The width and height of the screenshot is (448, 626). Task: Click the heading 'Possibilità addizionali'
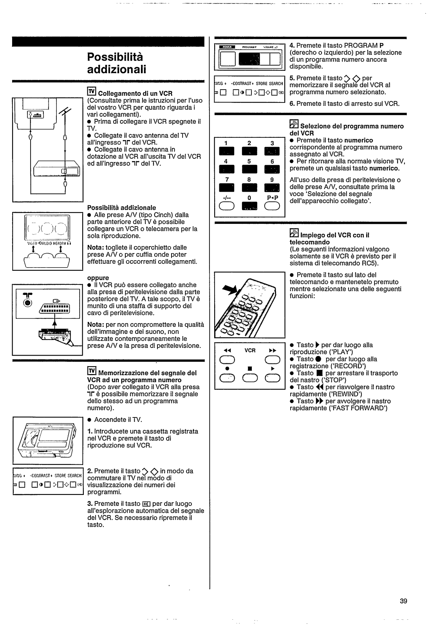(x=117, y=63)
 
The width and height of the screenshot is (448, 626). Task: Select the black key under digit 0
(x=249, y=206)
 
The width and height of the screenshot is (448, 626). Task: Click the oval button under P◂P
(x=272, y=206)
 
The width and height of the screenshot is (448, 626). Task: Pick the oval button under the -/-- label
(x=226, y=206)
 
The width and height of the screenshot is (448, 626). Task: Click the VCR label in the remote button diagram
(x=250, y=351)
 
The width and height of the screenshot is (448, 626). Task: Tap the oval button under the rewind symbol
(x=227, y=360)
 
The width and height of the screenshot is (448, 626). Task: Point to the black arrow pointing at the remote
(x=230, y=290)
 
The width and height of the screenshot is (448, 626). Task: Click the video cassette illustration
(x=48, y=440)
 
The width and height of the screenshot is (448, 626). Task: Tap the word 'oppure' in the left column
(x=98, y=278)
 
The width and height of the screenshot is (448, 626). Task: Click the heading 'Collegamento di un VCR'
(x=135, y=93)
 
